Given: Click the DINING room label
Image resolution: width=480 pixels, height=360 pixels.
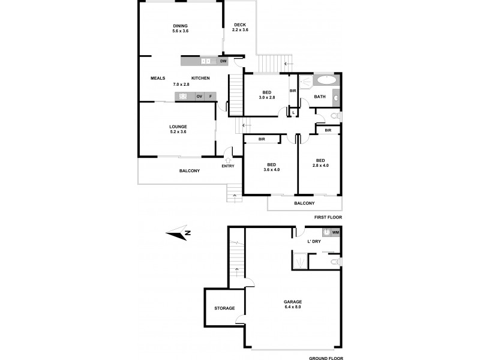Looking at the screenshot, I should (180, 26).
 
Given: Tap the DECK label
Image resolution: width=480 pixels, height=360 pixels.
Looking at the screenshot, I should (241, 25).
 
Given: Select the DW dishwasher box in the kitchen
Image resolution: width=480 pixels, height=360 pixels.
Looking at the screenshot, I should (223, 61).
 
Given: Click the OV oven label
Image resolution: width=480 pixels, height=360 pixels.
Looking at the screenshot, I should (198, 97).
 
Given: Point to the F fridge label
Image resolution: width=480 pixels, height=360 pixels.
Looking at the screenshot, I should (210, 97).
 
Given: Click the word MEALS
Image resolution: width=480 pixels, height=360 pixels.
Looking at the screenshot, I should (158, 79).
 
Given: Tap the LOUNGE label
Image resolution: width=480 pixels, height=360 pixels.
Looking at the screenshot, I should (178, 127).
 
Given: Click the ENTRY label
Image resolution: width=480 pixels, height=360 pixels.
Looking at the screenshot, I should (228, 166).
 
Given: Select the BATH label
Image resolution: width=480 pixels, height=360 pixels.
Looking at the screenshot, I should (320, 97).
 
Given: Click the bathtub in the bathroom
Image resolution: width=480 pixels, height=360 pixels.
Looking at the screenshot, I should (326, 79).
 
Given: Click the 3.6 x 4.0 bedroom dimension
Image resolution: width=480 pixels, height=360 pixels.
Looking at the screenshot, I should (272, 170).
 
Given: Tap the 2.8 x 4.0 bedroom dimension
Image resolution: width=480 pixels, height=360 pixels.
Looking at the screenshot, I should (320, 166).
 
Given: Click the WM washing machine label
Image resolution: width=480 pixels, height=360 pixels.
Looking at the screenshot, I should (335, 232).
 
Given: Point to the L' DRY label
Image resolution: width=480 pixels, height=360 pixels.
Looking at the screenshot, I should (314, 242).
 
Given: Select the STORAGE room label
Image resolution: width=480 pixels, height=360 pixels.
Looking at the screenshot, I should (224, 308).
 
